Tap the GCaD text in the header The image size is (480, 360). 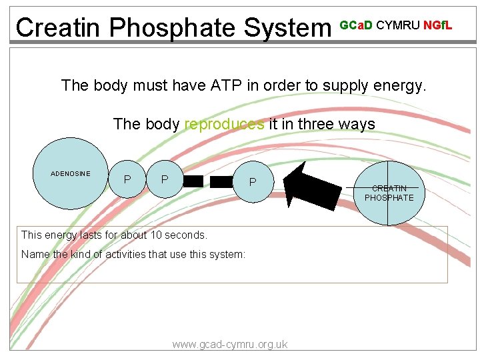pyautogui.click(x=356, y=25)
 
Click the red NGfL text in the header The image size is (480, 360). pyautogui.click(x=438, y=25)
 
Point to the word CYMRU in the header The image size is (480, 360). pyautogui.click(x=398, y=25)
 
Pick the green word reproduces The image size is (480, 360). pyautogui.click(x=224, y=124)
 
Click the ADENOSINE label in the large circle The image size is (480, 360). pyautogui.click(x=71, y=173)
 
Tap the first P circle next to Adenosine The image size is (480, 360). pyautogui.click(x=127, y=179)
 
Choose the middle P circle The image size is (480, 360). pyautogui.click(x=165, y=179)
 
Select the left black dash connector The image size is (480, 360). pyautogui.click(x=193, y=181)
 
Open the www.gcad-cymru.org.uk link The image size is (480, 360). pyautogui.click(x=230, y=344)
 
